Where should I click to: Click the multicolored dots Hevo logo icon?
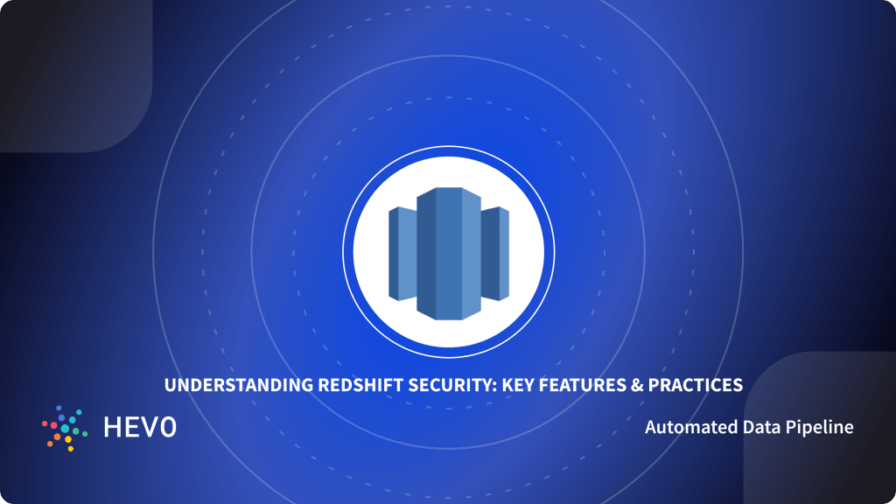[65, 428]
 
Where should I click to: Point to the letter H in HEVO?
[113, 428]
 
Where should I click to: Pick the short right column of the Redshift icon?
[495, 254]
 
